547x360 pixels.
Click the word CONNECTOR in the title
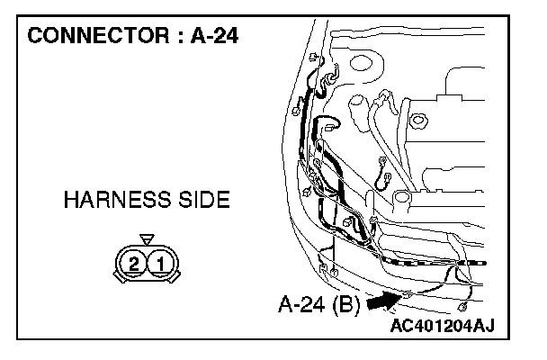pos(99,36)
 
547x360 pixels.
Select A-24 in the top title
pos(214,36)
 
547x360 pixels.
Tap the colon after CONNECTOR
pos(180,37)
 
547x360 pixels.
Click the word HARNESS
pos(118,200)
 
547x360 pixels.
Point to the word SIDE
pos(204,200)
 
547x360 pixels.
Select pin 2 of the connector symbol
pos(134,264)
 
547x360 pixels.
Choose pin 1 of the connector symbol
pos(161,264)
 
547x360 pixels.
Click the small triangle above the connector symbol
pos(147,239)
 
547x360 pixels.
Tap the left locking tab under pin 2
pos(120,277)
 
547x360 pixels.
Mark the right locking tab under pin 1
pos(175,277)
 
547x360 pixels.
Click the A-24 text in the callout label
pos(302,304)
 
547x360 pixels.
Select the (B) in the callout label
pos(345,305)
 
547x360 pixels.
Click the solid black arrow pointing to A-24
pos(384,301)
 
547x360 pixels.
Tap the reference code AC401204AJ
pos(443,326)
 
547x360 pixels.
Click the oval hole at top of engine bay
pos(362,63)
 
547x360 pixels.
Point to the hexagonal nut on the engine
pos(418,121)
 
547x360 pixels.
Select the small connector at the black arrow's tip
pos(407,295)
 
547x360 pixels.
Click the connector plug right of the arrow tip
pos(462,307)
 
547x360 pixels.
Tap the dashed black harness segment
pos(434,262)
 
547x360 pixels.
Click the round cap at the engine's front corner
pos(402,197)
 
